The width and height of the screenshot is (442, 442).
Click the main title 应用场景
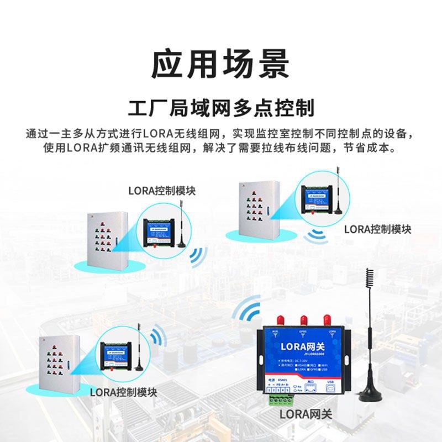[220, 65]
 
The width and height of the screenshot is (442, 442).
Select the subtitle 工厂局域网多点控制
[220, 107]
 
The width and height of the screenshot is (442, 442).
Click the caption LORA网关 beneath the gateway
[306, 414]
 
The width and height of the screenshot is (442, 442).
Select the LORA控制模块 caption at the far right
[377, 229]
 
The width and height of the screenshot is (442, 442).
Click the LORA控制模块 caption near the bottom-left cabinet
[124, 393]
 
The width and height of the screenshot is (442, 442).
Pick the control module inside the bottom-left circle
[117, 354]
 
